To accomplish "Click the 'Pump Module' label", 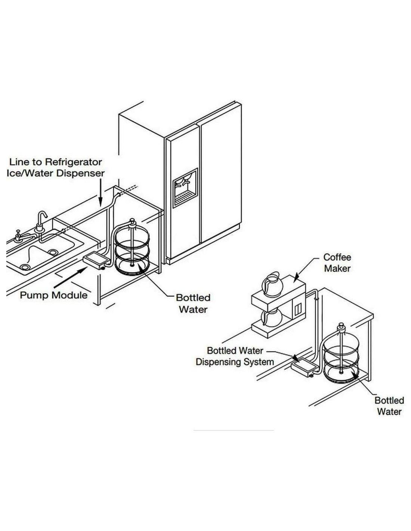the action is click(x=53, y=295).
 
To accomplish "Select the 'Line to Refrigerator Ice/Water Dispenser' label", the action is click(x=56, y=167).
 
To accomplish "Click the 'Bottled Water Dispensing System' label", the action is click(x=235, y=356).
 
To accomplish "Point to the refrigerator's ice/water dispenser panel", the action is click(x=185, y=188).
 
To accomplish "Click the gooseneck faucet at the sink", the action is click(x=41, y=221).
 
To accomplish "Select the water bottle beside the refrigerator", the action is click(x=132, y=248).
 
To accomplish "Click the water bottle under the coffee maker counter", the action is click(x=342, y=353).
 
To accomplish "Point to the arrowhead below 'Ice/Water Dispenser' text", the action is click(x=100, y=203).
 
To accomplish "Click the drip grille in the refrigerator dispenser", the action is click(x=185, y=199).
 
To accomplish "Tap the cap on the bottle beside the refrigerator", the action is click(x=132, y=222).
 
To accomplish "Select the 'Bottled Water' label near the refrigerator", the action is click(x=193, y=304).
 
